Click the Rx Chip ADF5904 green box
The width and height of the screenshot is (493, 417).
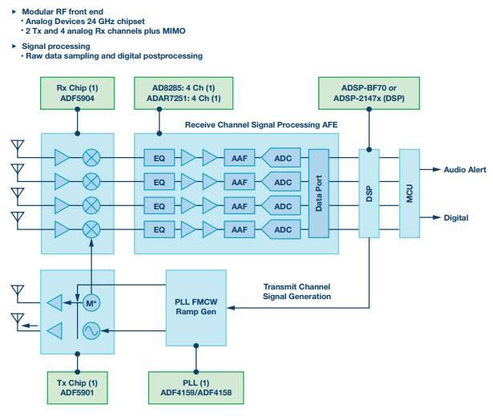click(77, 93)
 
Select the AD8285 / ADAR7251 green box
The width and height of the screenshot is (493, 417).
click(184, 93)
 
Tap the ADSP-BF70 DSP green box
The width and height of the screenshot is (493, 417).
click(369, 93)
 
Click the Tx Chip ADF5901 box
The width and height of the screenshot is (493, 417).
click(77, 388)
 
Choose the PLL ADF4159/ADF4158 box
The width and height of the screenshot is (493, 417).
click(196, 388)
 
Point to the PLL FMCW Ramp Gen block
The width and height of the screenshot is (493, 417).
click(196, 308)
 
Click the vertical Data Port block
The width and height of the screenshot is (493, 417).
click(318, 193)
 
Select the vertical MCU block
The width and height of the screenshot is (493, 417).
click(410, 193)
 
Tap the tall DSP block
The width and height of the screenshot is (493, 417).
click(369, 193)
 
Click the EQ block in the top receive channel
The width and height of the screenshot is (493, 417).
click(159, 158)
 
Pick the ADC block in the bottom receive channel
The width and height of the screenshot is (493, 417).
click(281, 229)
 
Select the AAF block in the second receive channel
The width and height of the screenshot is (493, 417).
click(239, 182)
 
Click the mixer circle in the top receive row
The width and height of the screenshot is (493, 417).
click(91, 157)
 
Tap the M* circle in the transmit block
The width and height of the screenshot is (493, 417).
click(91, 303)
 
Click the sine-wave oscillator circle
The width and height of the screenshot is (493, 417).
click(91, 330)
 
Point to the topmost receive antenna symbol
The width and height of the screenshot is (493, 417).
click(18, 146)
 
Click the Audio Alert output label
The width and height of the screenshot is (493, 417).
click(465, 170)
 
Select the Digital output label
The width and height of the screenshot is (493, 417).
click(456, 217)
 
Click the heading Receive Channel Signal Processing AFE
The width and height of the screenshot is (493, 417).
click(261, 125)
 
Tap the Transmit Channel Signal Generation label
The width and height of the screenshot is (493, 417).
click(297, 292)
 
